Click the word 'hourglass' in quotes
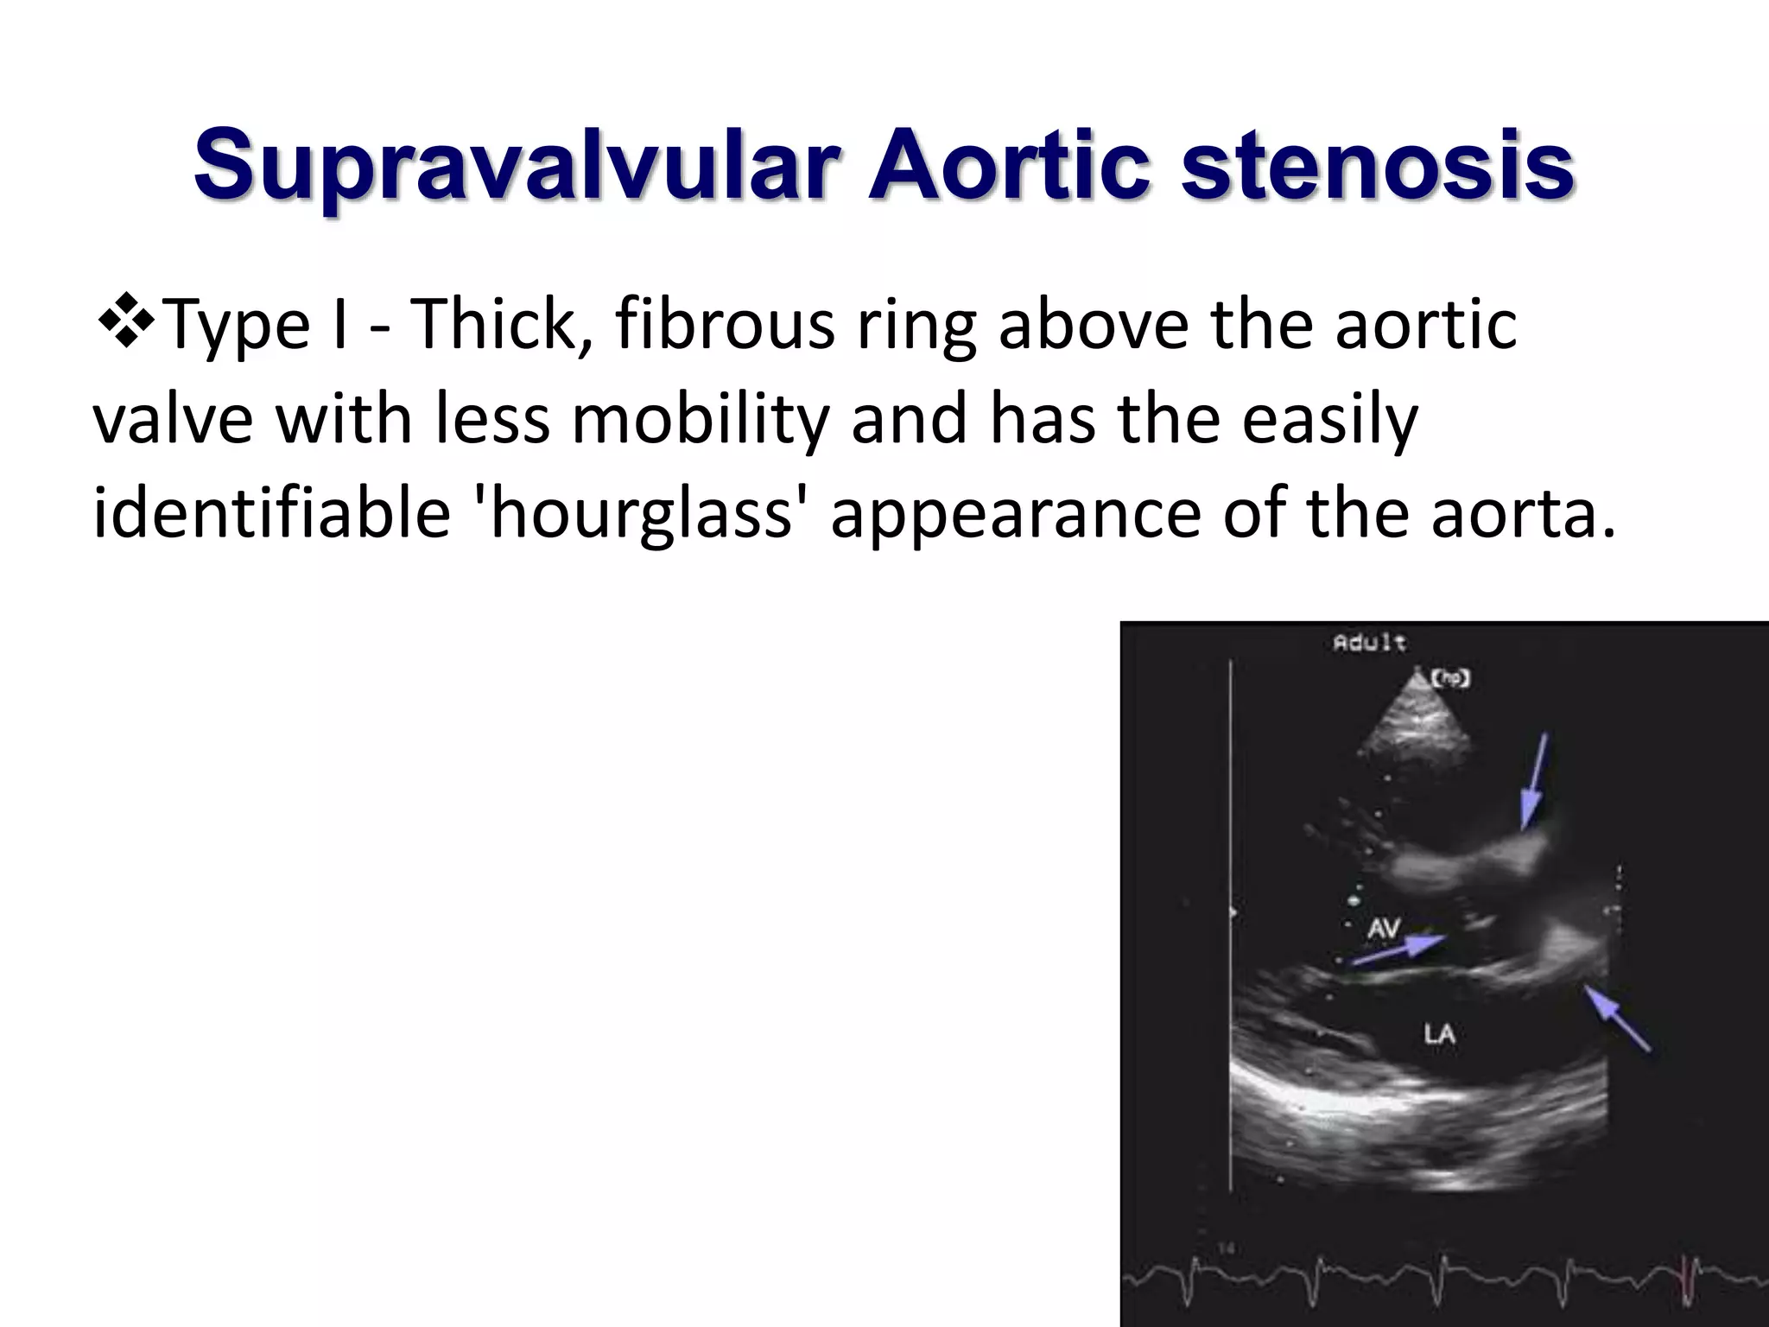[643, 514]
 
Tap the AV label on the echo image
[1384, 929]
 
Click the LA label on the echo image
[1439, 1033]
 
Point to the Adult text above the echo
[1369, 643]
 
